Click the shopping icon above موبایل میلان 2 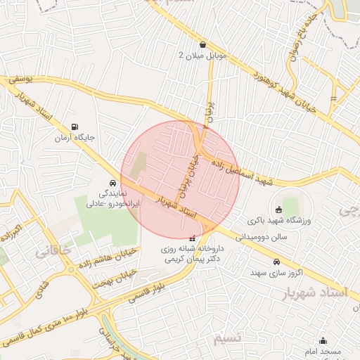202,44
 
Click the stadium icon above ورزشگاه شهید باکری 278,209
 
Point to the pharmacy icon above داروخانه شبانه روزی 193,238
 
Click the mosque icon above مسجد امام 323,340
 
